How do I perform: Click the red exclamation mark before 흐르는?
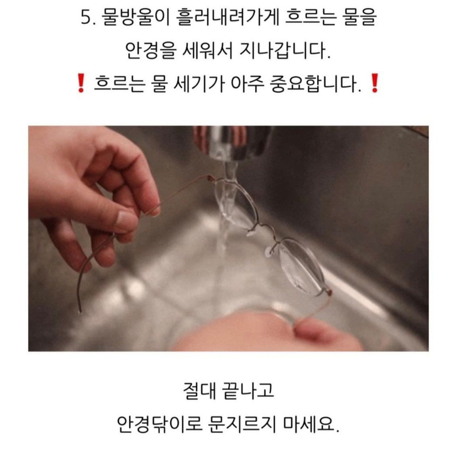pos(81,83)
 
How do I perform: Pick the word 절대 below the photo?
pos(199,391)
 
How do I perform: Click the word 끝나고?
pos(248,391)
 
